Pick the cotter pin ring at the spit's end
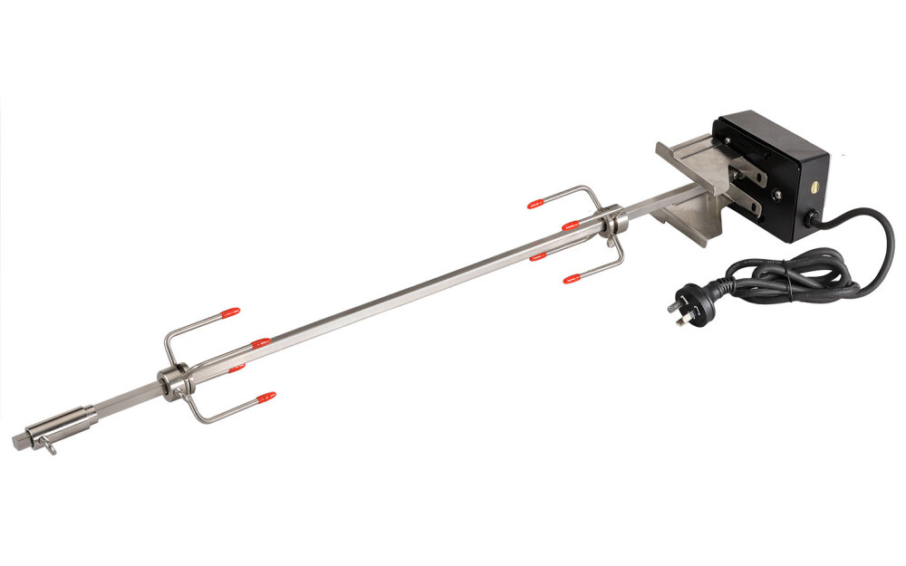48,444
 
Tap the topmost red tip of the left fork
231,312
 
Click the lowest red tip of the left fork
265,397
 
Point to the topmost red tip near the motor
536,203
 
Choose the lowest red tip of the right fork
571,278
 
